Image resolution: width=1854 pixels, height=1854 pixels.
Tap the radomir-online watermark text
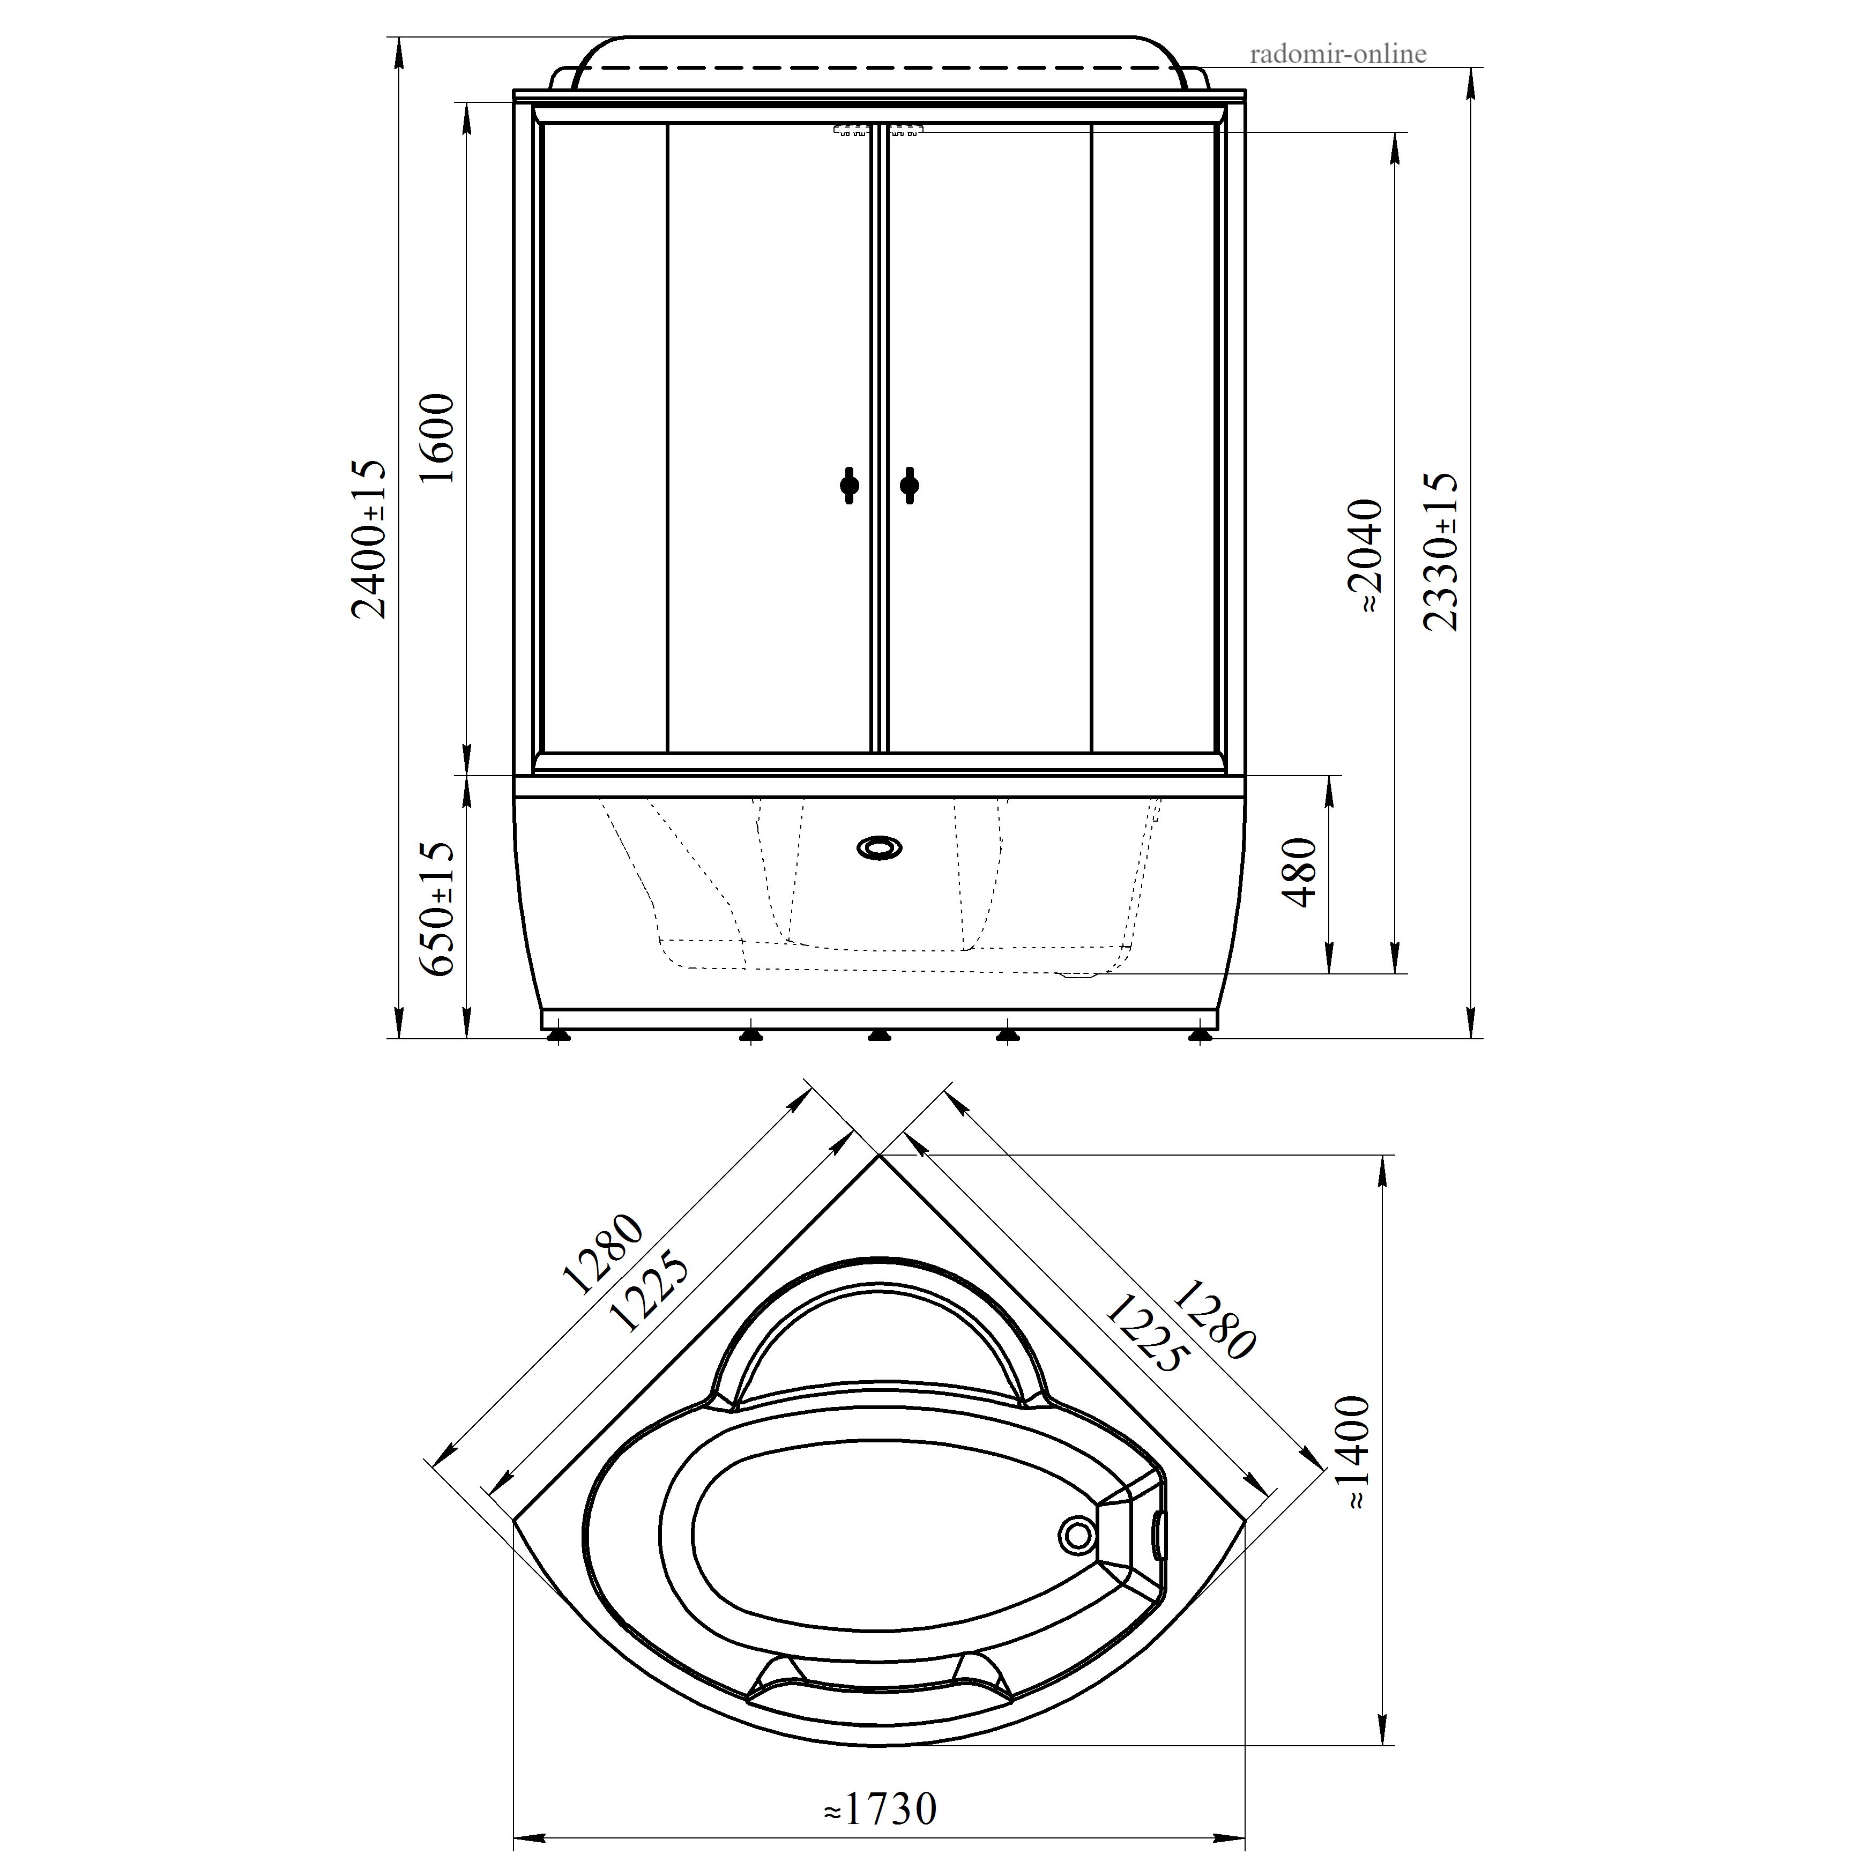[x=1338, y=54]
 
